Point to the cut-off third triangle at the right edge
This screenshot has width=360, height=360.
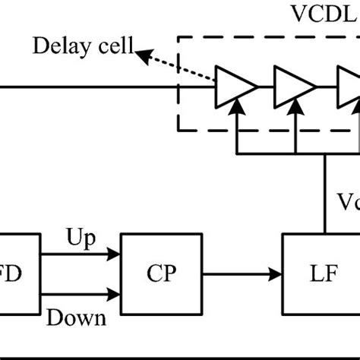click(x=350, y=85)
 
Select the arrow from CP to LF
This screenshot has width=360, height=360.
click(x=242, y=271)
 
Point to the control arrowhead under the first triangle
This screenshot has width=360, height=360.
click(x=239, y=114)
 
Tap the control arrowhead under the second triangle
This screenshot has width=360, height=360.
click(x=295, y=114)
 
